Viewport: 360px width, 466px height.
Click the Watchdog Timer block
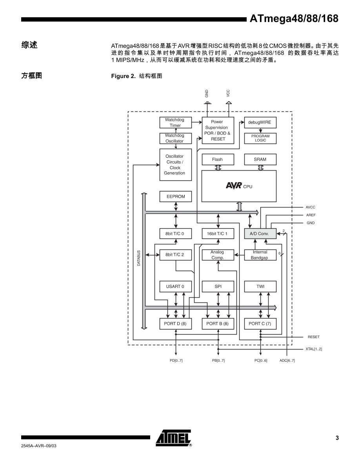pyautogui.click(x=175, y=122)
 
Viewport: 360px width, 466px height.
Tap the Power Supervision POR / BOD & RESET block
pyautogui.click(x=218, y=130)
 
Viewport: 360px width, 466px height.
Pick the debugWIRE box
pyautogui.click(x=260, y=122)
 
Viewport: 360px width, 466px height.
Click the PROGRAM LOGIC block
pyautogui.click(x=260, y=138)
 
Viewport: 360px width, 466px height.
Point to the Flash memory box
pyautogui.click(x=217, y=159)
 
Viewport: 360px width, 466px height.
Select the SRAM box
pyautogui.click(x=260, y=159)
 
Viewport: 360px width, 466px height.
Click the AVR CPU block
pyautogui.click(x=239, y=186)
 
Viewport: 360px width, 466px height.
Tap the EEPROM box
pyautogui.click(x=175, y=197)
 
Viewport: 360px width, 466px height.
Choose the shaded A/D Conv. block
pyautogui.click(x=260, y=234)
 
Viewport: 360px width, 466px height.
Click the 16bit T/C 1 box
pyautogui.click(x=218, y=234)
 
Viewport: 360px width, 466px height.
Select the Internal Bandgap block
pyautogui.click(x=260, y=255)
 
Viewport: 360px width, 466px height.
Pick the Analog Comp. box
pyautogui.click(x=218, y=255)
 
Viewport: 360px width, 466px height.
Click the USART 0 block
pyautogui.click(x=175, y=286)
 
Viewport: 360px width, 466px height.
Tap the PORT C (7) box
pyautogui.click(x=260, y=324)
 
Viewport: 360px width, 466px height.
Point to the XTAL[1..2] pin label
pyautogui.click(x=314, y=349)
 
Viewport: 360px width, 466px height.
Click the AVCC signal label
pyautogui.click(x=311, y=207)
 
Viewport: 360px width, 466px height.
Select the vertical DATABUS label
pyautogui.click(x=139, y=258)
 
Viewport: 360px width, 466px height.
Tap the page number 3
pyautogui.click(x=336, y=439)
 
